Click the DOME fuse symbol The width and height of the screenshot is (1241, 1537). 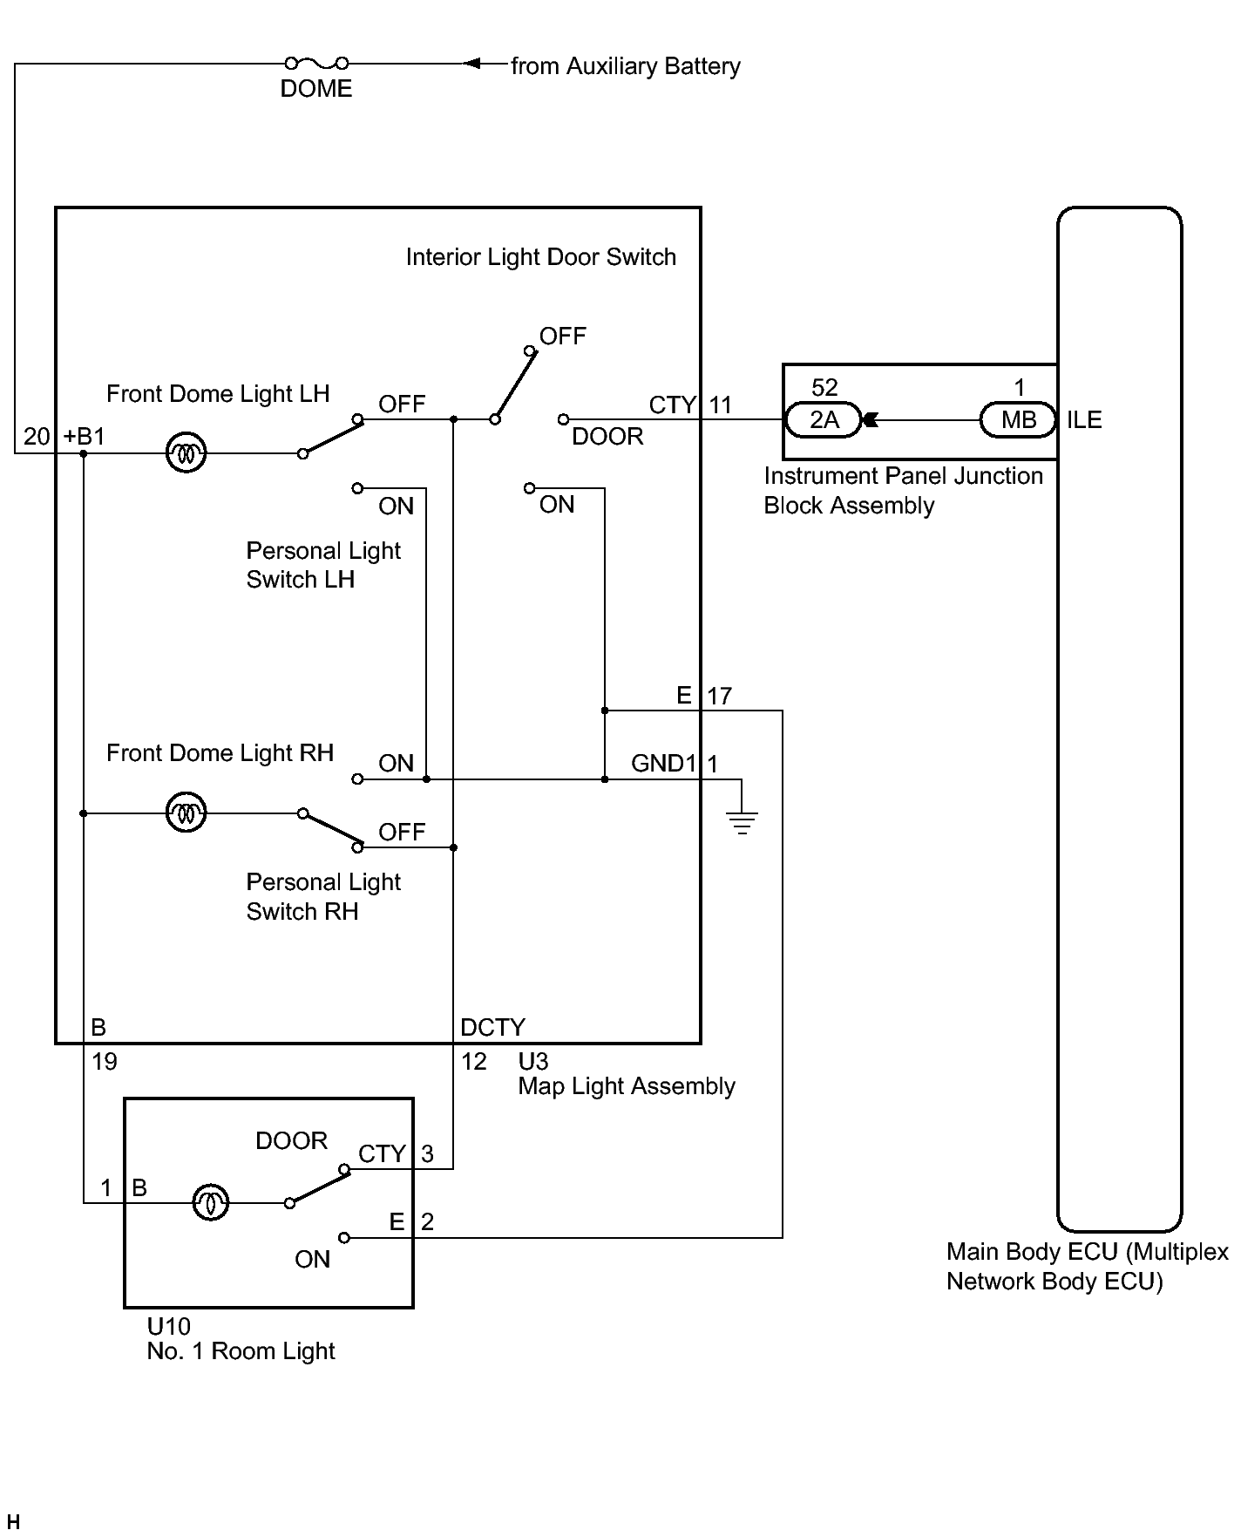(x=316, y=63)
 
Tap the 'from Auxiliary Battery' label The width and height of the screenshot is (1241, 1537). (x=626, y=66)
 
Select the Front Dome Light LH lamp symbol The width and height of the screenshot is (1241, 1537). (x=186, y=453)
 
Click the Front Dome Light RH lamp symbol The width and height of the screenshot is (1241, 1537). (x=186, y=813)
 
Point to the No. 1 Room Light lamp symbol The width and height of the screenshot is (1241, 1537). (x=210, y=1203)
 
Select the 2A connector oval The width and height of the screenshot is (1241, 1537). (x=824, y=420)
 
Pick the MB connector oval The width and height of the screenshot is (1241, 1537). (x=1018, y=420)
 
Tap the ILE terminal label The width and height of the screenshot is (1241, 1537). (x=1084, y=420)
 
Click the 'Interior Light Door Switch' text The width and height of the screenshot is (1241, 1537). (x=541, y=257)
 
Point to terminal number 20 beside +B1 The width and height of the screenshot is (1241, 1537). (x=37, y=436)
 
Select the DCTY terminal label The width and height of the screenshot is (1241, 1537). (x=493, y=1028)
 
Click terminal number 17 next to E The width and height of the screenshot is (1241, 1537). (x=719, y=696)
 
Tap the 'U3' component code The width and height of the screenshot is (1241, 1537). (x=533, y=1061)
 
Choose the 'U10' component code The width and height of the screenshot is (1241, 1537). (x=168, y=1326)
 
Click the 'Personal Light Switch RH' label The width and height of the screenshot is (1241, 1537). (x=323, y=896)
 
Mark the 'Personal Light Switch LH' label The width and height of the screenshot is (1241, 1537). (x=323, y=565)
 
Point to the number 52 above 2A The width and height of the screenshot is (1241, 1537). (x=824, y=387)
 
